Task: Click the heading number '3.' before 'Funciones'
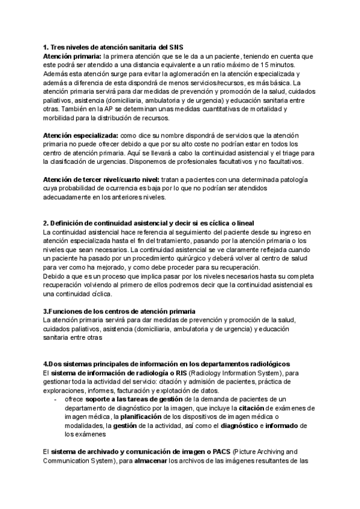coord(46,312)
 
